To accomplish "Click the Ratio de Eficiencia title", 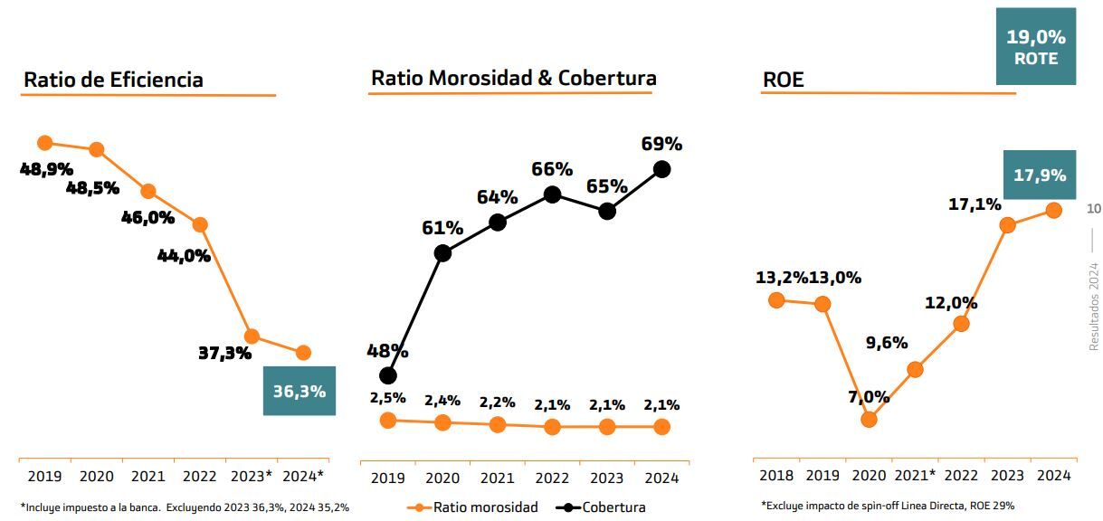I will coord(113,80).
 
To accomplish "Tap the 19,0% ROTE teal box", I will coord(1035,47).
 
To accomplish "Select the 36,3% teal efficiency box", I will coord(299,391).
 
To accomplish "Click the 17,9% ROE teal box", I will coord(1039,175).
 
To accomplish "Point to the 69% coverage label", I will coord(661,144).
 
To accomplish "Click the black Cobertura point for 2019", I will coord(388,374).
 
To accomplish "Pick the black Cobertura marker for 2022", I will coord(552,194).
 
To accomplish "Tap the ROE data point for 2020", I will coord(870,419).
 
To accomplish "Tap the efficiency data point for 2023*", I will coord(252,336).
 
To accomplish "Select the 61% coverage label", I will coord(442,228).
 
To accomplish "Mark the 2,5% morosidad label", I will coord(387,398).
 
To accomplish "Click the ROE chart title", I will coord(783,81).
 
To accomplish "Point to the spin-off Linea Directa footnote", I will coord(887,506).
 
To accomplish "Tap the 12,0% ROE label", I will coord(951,303).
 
